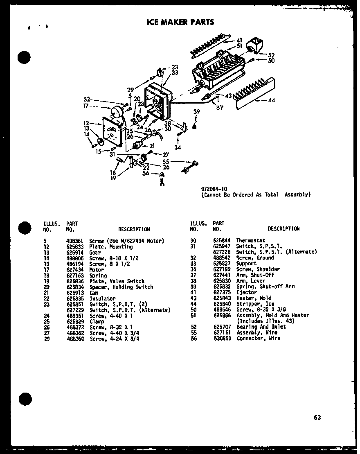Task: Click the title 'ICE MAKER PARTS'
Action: tap(180, 22)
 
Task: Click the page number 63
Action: tap(317, 417)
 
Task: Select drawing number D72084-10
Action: tap(214, 189)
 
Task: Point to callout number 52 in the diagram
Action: tap(271, 55)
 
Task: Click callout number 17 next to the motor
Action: tap(86, 105)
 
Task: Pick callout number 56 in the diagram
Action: tap(146, 174)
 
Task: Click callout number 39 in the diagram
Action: tap(196, 112)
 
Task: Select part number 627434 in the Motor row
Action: tap(73, 270)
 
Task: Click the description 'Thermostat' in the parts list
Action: tap(250, 241)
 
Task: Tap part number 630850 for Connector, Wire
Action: tap(220, 339)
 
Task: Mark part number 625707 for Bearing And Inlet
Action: tap(220, 327)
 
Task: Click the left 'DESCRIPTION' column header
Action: tap(134, 229)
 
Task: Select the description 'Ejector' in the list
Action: tap(246, 292)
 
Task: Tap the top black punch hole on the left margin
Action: tap(25, 58)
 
